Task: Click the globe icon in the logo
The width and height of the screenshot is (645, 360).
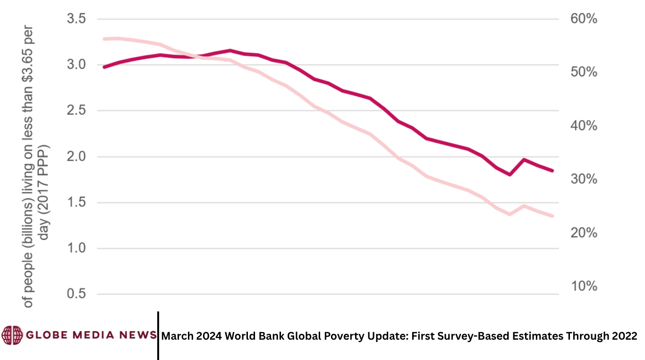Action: click(x=12, y=335)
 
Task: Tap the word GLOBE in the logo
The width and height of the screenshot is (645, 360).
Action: click(x=46, y=335)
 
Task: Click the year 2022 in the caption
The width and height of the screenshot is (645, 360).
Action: click(x=625, y=336)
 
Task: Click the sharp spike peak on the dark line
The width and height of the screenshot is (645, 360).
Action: click(x=524, y=160)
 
